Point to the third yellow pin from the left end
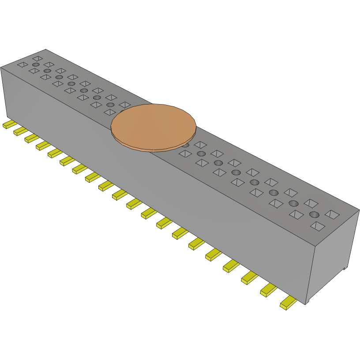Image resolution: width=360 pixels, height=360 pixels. pyautogui.click(x=31, y=138)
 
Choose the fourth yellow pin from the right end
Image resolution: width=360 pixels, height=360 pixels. pyautogui.click(x=232, y=266)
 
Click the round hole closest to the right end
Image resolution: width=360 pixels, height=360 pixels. pyautogui.click(x=314, y=215)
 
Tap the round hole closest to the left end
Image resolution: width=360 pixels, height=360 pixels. pyautogui.click(x=35, y=65)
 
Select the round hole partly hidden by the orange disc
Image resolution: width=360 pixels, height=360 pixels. pyautogui.click(x=186, y=145)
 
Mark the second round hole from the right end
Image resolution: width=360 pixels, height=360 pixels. pyautogui.click(x=293, y=203)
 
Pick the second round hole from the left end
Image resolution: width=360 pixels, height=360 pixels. pyautogui.click(x=47, y=71)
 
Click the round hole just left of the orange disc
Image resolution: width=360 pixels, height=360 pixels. pyautogui.click(x=110, y=105)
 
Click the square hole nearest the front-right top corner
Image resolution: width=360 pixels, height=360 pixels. pyautogui.click(x=317, y=226)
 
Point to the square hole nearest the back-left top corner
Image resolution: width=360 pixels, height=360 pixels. pyautogui.click(x=38, y=58)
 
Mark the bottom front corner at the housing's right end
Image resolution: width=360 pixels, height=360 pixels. pyautogui.click(x=306, y=304)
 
